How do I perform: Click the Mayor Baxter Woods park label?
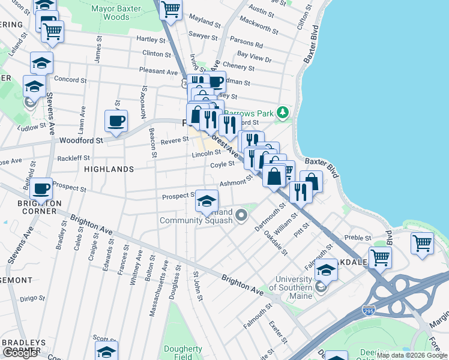pyautogui.click(x=118, y=13)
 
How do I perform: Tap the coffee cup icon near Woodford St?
pyautogui.click(x=116, y=121)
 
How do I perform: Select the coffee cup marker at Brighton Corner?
pyautogui.click(x=41, y=188)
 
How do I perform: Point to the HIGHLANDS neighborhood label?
pyautogui.click(x=109, y=169)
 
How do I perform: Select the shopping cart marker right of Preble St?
pyautogui.click(x=423, y=244)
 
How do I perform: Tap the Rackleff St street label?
pyautogui.click(x=73, y=158)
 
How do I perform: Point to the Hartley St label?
pyautogui.click(x=150, y=40)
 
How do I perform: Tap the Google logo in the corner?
pyautogui.click(x=20, y=353)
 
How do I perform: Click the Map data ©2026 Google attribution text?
pyautogui.click(x=411, y=356)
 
